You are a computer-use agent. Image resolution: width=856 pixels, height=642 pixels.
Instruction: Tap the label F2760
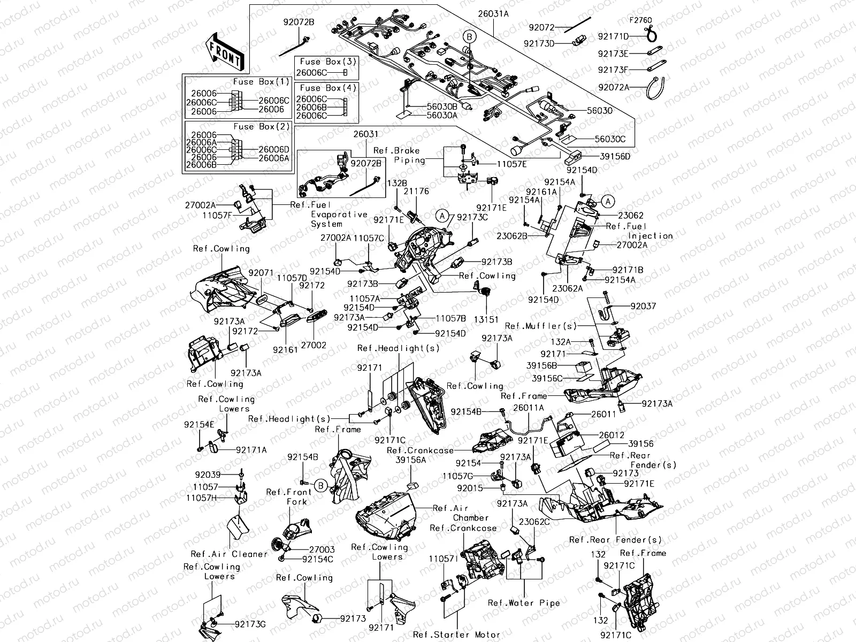point(640,20)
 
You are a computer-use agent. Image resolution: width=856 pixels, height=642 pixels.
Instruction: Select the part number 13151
point(486,319)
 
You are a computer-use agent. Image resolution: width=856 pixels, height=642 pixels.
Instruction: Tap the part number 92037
point(643,307)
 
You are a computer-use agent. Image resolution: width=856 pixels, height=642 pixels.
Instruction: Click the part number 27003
point(322,549)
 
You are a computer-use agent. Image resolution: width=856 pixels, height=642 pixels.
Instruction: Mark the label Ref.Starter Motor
point(456,635)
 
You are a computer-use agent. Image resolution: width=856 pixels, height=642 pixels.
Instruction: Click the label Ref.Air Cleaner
point(228,554)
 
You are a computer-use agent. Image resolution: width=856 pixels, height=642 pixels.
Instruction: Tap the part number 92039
point(208,475)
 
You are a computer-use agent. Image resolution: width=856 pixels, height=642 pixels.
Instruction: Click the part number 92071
point(263,272)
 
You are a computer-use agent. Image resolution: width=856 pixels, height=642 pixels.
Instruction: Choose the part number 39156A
point(410,460)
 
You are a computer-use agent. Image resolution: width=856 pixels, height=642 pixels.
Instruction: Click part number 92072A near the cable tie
point(614,87)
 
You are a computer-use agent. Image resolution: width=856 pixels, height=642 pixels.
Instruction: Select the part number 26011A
point(528,408)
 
